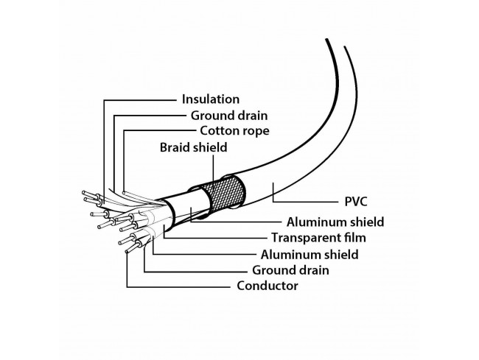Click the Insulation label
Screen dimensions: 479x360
pyautogui.click(x=211, y=99)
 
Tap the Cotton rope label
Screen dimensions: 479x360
pyautogui.click(x=234, y=131)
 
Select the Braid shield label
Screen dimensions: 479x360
pyautogui.click(x=193, y=147)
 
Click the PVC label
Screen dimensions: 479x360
pyautogui.click(x=356, y=202)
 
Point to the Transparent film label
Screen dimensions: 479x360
pyautogui.click(x=318, y=238)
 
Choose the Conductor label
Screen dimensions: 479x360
pyautogui.click(x=268, y=286)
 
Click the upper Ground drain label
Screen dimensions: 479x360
pyautogui.click(x=229, y=116)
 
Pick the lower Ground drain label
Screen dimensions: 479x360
pyautogui.click(x=290, y=270)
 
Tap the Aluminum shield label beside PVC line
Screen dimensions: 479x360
pyautogui.click(x=335, y=222)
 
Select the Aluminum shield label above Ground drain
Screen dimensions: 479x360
pyautogui.click(x=310, y=255)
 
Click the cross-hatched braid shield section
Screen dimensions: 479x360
pyautogui.click(x=225, y=191)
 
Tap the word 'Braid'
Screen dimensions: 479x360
pyautogui.click(x=173, y=147)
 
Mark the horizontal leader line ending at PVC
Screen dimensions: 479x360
pyautogui.click(x=306, y=202)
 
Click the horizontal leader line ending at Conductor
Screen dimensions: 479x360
pyautogui.click(x=179, y=287)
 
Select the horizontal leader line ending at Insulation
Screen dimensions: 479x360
pyautogui.click(x=140, y=100)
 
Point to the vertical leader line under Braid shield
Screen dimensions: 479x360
pyautogui.click(x=213, y=167)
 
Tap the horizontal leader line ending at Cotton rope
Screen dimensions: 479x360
pyautogui.click(x=159, y=130)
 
